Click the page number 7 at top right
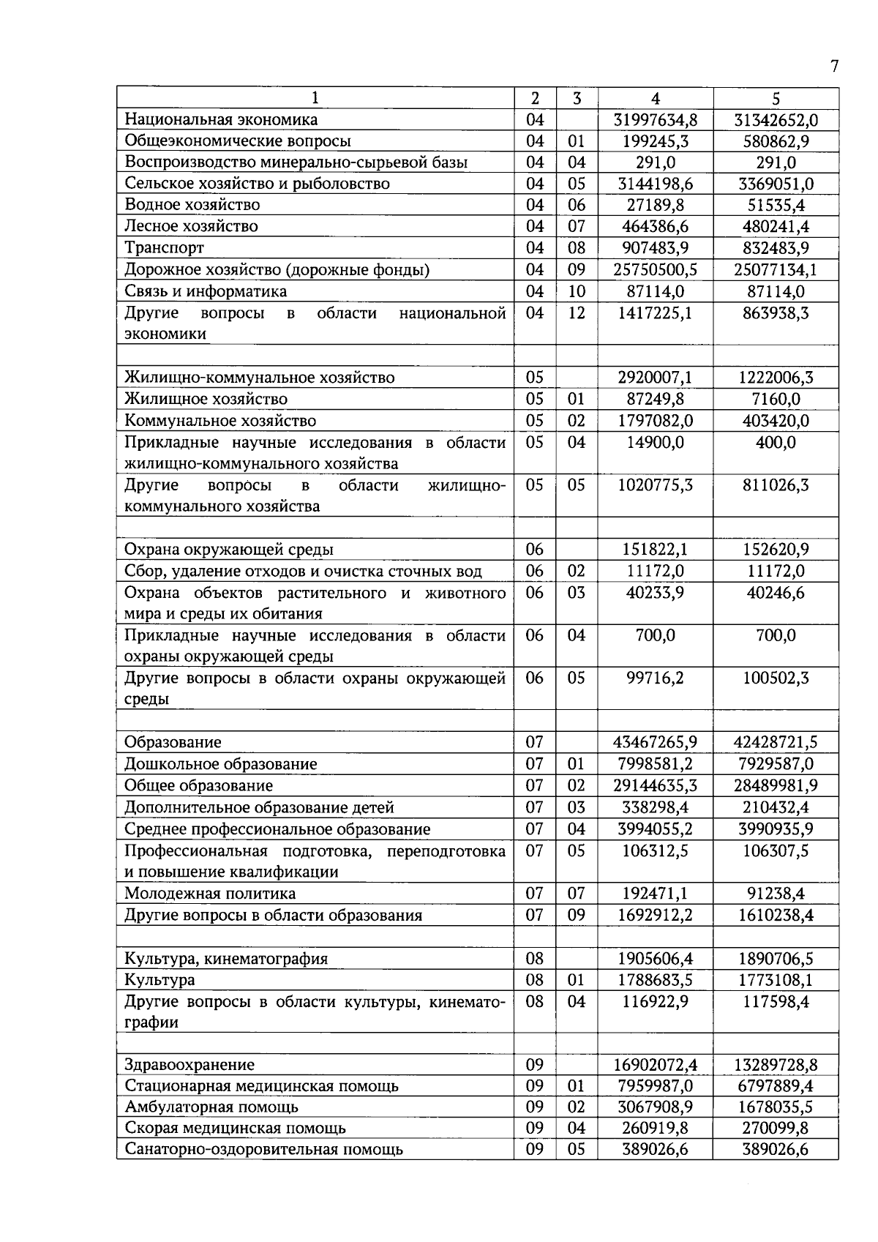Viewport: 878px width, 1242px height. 834,67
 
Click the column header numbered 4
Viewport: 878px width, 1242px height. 655,99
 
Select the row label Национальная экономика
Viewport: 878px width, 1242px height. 221,119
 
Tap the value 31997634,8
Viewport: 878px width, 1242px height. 655,120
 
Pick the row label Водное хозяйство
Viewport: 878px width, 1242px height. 192,205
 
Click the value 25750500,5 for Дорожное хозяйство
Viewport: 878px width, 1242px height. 655,270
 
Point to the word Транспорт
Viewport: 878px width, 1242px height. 164,248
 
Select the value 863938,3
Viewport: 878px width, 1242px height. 776,313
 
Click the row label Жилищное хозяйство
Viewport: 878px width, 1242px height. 206,400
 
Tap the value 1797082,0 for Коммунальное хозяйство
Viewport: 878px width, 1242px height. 655,421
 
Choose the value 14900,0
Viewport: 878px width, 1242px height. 655,443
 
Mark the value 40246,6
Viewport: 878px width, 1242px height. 776,593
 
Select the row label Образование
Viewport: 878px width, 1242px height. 173,742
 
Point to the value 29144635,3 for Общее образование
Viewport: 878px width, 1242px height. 655,786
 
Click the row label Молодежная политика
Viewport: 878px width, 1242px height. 210,894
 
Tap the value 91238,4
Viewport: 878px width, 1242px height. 776,894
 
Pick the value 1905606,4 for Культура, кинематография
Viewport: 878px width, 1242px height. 655,959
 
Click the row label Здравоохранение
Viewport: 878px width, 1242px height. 190,1066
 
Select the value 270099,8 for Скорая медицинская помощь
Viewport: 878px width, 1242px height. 776,1129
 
